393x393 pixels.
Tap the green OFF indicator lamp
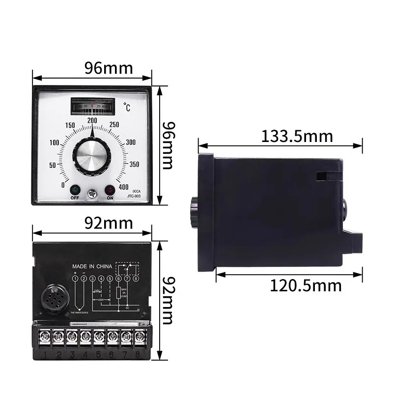[x=75, y=191]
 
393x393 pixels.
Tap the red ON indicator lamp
[x=109, y=191]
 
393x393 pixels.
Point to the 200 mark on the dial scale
[x=92, y=121]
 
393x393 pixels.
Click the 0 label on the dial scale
[x=62, y=185]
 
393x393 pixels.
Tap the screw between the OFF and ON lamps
[x=92, y=195]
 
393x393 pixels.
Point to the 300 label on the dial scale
[x=131, y=142]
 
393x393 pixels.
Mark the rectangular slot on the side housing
[x=322, y=175]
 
